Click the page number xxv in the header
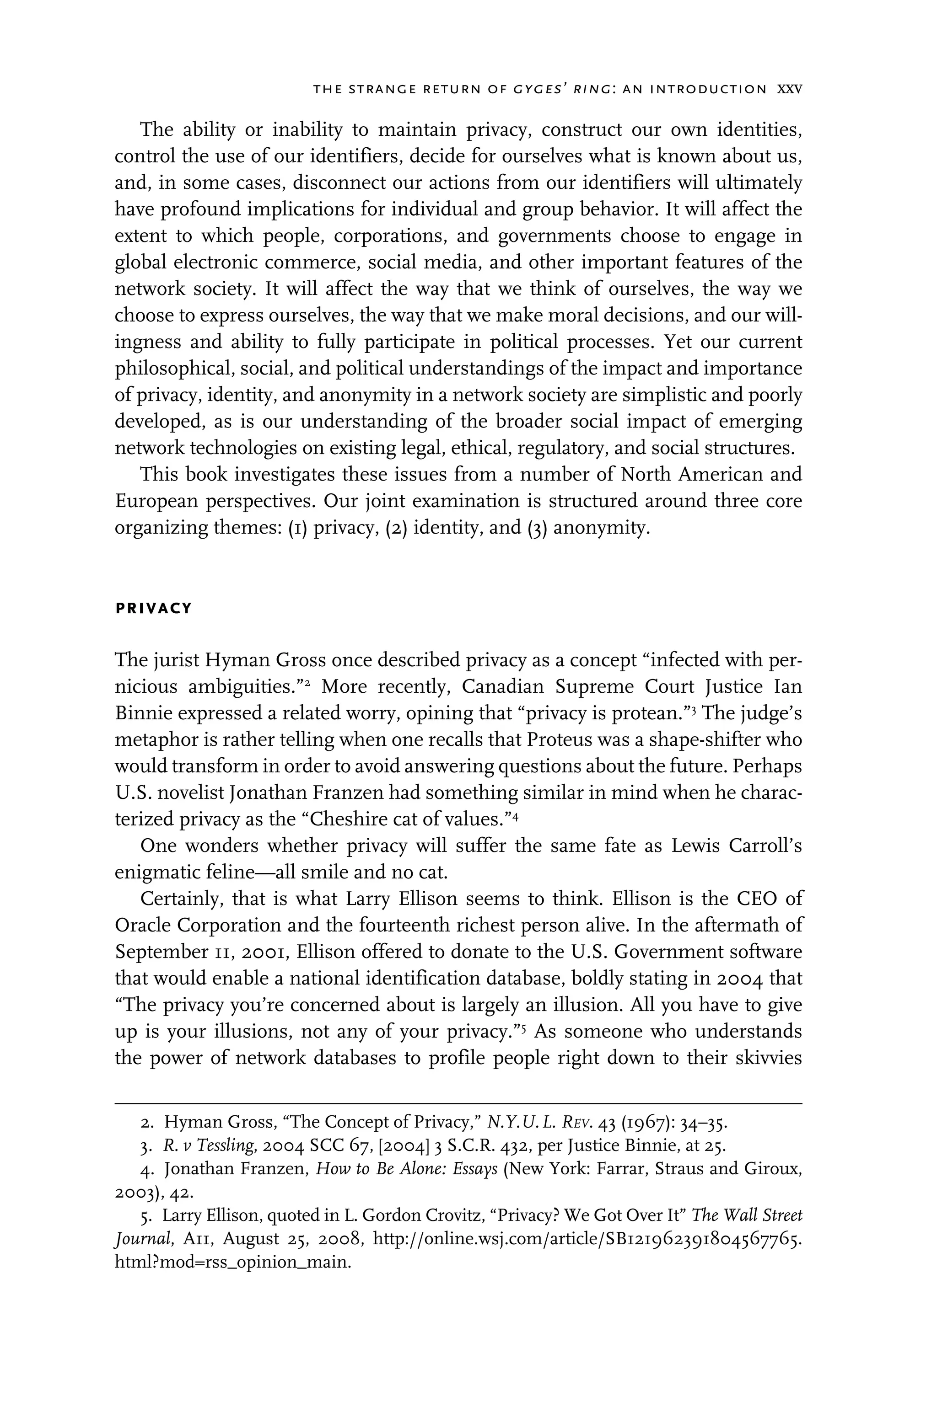click(789, 90)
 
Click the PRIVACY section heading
click(154, 609)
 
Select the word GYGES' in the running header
click(544, 90)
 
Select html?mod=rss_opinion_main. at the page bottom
click(232, 1263)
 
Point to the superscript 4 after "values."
click(515, 814)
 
